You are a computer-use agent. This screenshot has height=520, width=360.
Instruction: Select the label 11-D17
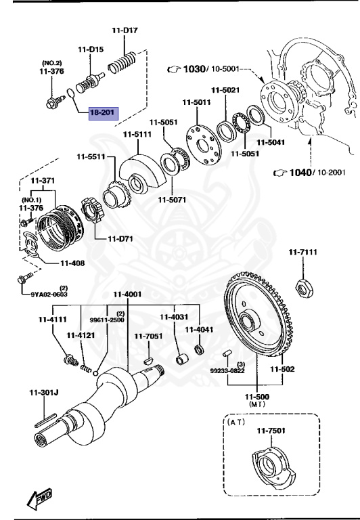pyautogui.click(x=125, y=30)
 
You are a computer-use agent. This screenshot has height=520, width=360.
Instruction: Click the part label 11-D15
pyautogui.click(x=91, y=49)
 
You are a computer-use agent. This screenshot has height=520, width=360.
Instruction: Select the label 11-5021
pyautogui.click(x=225, y=90)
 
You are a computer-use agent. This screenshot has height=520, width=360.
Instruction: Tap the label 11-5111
pyautogui.click(x=137, y=134)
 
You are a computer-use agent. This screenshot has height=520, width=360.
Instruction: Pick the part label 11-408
pyautogui.click(x=72, y=263)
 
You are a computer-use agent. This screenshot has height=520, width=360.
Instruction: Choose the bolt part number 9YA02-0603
pyautogui.click(x=49, y=294)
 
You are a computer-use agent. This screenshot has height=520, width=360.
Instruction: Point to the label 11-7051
pyautogui.click(x=148, y=336)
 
